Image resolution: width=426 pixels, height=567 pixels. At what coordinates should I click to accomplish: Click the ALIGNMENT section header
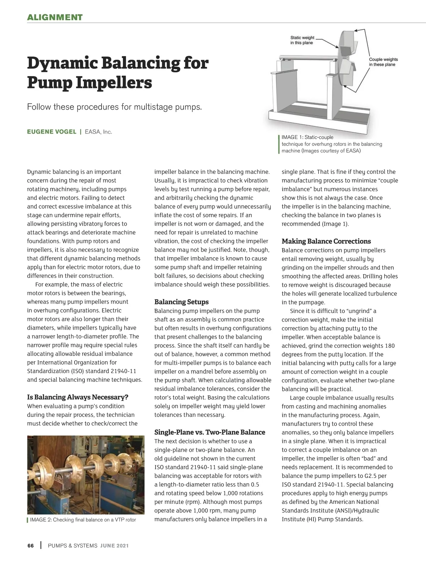tap(55, 17)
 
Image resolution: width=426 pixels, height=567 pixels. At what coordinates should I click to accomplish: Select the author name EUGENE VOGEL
tap(51, 132)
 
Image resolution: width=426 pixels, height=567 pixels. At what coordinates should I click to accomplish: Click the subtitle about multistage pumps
tap(114, 107)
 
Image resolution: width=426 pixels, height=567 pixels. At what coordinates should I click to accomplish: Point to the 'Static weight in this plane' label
tap(302, 40)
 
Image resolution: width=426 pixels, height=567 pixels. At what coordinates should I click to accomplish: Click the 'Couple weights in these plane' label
tap(383, 62)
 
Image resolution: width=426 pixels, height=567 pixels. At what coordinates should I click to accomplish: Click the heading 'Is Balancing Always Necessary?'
tap(77, 397)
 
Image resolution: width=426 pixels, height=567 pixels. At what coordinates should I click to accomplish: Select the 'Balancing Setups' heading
tap(181, 302)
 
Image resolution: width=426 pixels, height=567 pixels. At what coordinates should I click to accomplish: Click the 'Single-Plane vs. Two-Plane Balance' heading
tap(209, 432)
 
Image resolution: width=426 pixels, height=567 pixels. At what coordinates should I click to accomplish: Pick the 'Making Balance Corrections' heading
tap(326, 241)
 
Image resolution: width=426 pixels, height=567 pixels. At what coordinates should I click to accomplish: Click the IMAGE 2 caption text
tap(83, 520)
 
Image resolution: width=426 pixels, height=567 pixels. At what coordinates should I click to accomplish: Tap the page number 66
tap(31, 546)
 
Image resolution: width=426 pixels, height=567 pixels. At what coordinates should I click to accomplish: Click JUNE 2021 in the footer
tap(114, 546)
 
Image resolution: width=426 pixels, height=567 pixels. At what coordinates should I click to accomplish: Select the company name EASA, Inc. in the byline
tap(98, 132)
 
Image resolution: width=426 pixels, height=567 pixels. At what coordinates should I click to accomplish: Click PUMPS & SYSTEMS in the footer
tap(72, 546)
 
